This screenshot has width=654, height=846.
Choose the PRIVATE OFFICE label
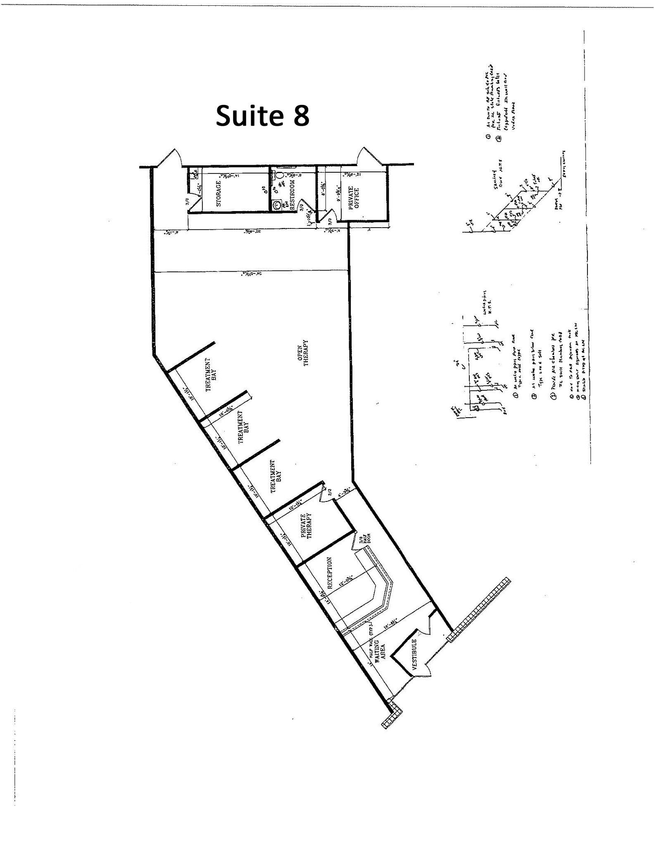point(354,199)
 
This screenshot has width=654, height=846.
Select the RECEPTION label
point(330,573)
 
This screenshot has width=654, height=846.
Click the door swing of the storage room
point(195,202)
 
